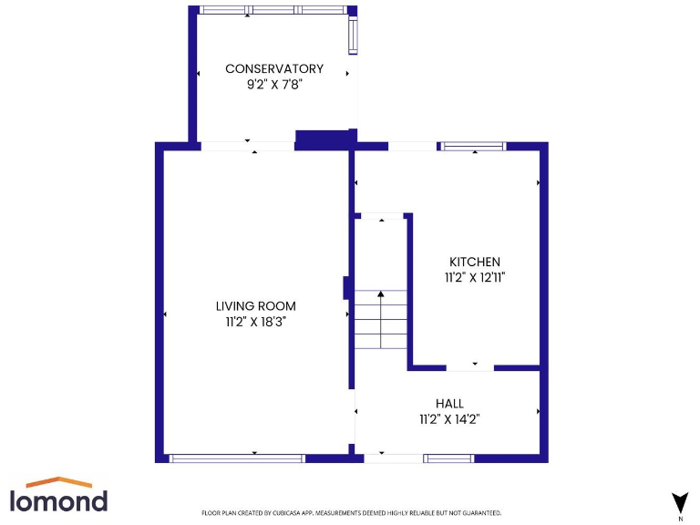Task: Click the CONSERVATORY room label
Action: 274,68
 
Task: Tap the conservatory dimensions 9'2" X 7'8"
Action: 274,84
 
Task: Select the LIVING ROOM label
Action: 255,306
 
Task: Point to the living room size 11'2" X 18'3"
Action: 255,322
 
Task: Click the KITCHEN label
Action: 474,262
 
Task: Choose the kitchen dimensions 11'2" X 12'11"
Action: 474,277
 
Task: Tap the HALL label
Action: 449,404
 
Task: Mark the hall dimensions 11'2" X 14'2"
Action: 449,419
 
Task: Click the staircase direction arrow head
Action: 381,294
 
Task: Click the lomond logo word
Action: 58,500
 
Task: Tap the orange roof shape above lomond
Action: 58,481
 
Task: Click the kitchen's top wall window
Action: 473,146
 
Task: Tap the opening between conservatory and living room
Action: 247,146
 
